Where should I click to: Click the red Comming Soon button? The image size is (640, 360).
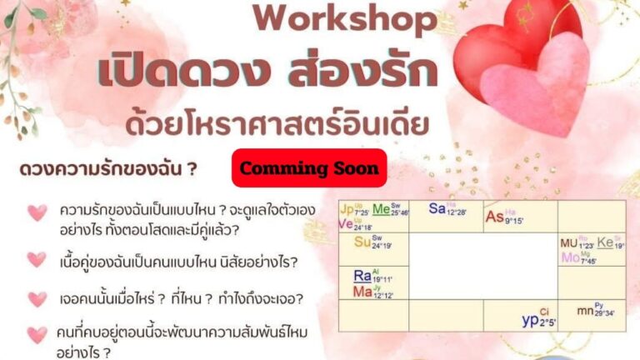point(309,168)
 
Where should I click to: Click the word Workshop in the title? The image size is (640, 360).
point(344,18)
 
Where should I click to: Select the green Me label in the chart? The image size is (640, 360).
point(380,210)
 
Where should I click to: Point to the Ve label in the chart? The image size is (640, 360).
point(345,224)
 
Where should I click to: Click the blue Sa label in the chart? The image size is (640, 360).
point(437,209)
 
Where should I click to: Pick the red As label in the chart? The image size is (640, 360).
point(494,217)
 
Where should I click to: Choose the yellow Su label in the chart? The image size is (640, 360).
point(362,243)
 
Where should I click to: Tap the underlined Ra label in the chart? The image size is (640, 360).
point(362,276)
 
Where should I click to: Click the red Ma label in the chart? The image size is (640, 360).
point(362,292)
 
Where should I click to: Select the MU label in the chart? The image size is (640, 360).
point(568,244)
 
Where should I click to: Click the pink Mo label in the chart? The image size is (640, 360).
point(570,258)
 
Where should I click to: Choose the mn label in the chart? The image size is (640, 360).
point(585,312)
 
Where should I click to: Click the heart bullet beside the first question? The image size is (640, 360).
point(37,212)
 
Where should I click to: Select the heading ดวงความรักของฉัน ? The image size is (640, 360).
point(107,169)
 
